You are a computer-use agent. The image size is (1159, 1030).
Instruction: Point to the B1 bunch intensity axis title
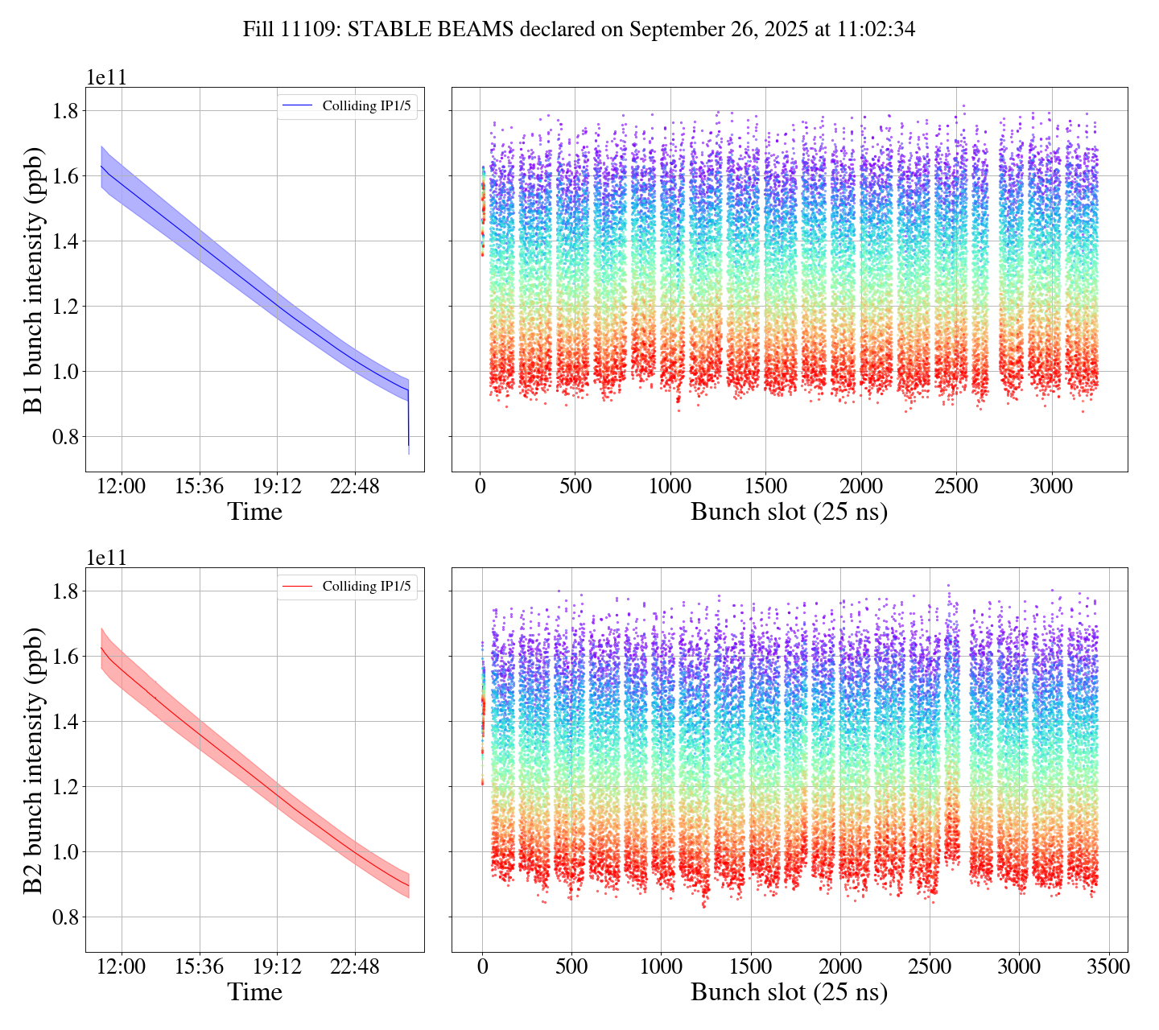[x=33, y=279]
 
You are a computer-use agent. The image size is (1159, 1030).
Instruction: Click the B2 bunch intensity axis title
[x=33, y=760]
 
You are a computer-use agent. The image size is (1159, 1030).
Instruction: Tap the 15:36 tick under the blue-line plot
[x=199, y=487]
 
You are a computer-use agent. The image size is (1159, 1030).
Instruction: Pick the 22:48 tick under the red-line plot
[x=354, y=967]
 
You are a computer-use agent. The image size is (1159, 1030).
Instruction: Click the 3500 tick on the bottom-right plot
[x=1107, y=967]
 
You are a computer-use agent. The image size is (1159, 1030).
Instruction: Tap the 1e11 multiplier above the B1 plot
[x=106, y=78]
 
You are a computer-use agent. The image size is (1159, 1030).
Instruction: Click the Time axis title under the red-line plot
[x=254, y=992]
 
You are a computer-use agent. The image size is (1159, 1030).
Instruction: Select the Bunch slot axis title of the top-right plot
[x=789, y=512]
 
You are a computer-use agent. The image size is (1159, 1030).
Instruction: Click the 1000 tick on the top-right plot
[x=670, y=487]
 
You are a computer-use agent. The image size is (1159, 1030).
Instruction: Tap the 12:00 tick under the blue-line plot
[x=122, y=487]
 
